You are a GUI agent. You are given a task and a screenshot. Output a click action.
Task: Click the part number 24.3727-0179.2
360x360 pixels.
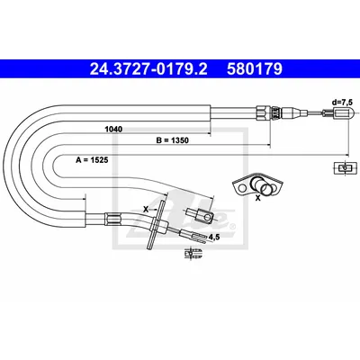point(148,69)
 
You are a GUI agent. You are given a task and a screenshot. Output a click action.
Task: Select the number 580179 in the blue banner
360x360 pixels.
point(255,69)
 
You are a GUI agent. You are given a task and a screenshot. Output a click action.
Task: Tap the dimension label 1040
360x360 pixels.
point(113,130)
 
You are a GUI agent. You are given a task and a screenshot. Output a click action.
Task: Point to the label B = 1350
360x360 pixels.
point(172,140)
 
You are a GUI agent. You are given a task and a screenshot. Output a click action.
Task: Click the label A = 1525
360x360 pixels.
point(92,160)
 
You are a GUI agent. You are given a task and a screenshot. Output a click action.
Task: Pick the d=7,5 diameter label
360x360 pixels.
point(342,103)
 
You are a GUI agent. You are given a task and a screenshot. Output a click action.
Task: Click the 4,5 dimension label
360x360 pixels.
point(214,237)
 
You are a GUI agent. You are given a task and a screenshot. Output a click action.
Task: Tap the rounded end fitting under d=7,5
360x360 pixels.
point(343,113)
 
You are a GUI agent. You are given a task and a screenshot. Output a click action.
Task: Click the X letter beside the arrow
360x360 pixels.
point(146,210)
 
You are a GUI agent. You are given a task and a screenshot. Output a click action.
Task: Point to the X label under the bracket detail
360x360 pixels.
point(257,198)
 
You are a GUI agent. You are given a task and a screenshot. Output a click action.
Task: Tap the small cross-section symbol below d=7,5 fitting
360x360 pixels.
point(346,168)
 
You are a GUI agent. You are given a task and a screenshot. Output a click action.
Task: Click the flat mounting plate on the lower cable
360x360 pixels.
point(156,224)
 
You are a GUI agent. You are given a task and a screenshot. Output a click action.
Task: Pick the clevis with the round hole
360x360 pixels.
point(200,216)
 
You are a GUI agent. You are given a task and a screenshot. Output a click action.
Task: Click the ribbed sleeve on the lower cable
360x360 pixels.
point(113,219)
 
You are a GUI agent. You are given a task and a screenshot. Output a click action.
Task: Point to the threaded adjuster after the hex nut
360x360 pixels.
point(275,112)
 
